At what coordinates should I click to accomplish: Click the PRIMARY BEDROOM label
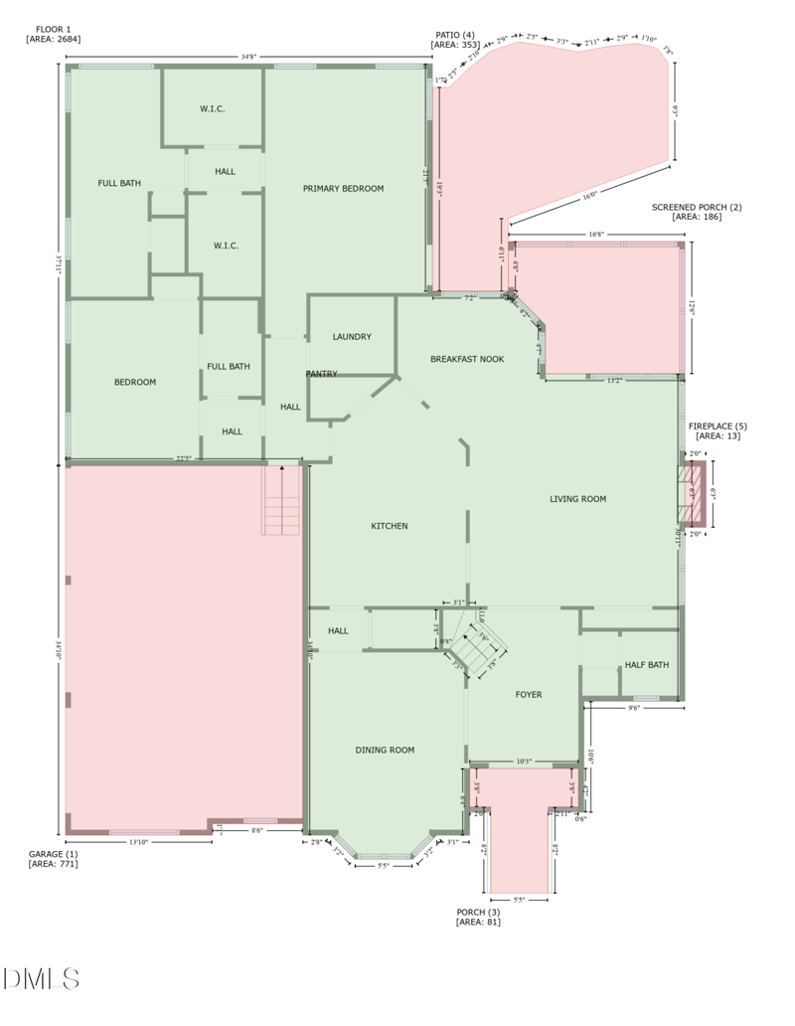343,188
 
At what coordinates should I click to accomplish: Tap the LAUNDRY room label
352,337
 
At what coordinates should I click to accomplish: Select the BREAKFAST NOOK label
466,359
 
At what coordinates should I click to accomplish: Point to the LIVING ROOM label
577,499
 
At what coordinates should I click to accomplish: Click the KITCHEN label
389,526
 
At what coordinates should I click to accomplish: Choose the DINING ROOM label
385,750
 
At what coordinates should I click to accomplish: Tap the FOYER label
528,695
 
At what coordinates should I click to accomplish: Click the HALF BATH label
646,665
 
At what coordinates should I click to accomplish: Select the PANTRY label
321,374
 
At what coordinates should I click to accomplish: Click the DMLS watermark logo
41,978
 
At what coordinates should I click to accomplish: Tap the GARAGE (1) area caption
53,859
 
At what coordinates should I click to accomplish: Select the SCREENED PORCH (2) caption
696,212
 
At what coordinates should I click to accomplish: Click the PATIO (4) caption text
455,40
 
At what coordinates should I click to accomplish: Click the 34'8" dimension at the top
247,58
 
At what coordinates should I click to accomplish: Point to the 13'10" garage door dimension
138,842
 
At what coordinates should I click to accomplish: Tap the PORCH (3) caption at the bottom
478,917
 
